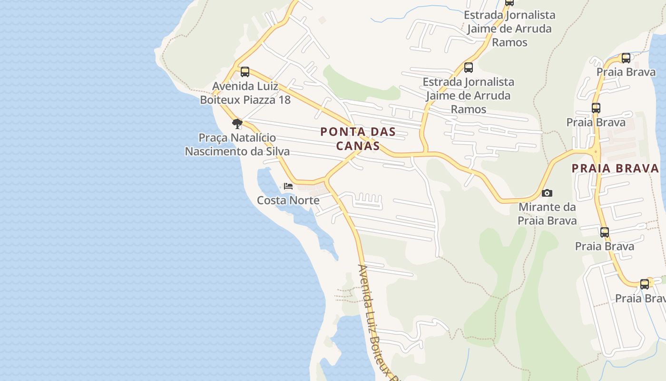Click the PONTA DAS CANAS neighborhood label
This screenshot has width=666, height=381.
coord(358,139)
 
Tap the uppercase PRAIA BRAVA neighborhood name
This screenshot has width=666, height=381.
coord(615,168)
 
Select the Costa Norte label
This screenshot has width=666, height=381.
coord(288,201)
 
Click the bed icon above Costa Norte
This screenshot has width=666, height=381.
coord(288,186)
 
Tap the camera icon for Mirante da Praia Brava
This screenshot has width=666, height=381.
coord(547,193)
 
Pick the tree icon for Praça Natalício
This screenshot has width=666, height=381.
coord(237,124)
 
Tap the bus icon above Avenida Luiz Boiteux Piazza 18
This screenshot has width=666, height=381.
coord(245,72)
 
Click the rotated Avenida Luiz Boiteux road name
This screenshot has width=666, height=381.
coord(376,319)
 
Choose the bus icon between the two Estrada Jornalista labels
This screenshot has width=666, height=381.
coord(469,68)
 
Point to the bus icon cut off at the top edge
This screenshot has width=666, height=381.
coord(509,2)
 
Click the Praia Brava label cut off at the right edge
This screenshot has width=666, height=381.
coord(640,299)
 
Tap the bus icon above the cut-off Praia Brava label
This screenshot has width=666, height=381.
coord(644,284)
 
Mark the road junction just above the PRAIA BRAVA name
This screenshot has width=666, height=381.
coord(595,152)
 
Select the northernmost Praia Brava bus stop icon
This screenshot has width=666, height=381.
coord(626,58)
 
